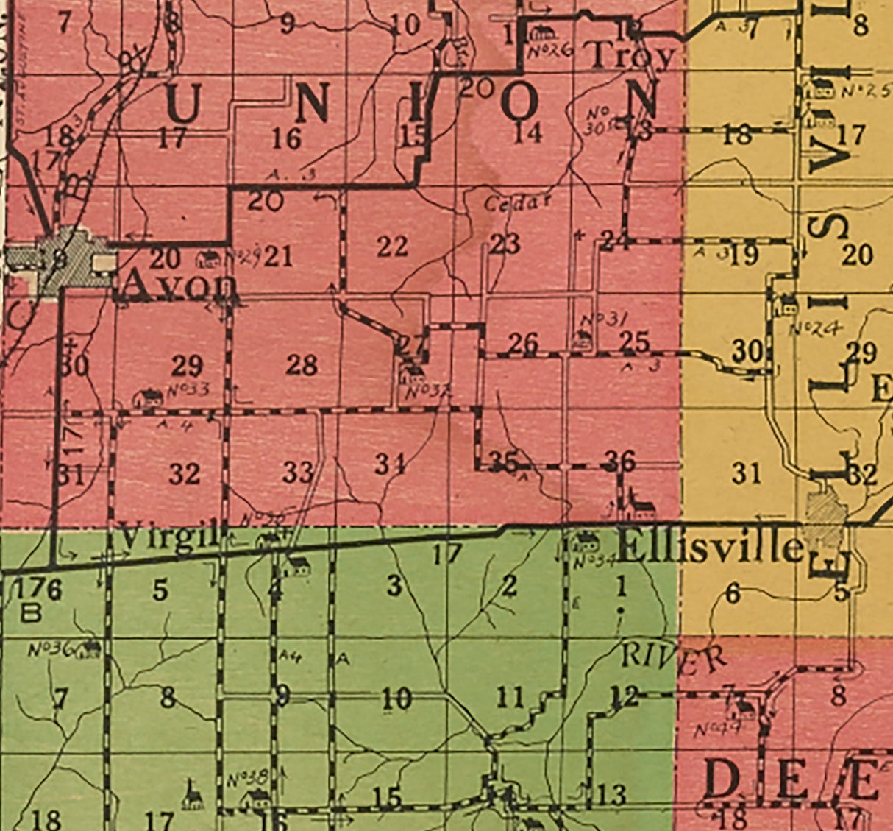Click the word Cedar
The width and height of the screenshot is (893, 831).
(x=518, y=203)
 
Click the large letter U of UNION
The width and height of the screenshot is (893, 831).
(x=185, y=103)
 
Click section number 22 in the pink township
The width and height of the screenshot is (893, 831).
(x=392, y=247)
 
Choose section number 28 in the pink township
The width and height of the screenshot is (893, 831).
(x=302, y=364)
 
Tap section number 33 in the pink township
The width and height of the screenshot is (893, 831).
(x=298, y=472)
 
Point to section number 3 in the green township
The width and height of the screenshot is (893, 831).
(x=395, y=587)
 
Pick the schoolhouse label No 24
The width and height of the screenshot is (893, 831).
(x=816, y=329)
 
